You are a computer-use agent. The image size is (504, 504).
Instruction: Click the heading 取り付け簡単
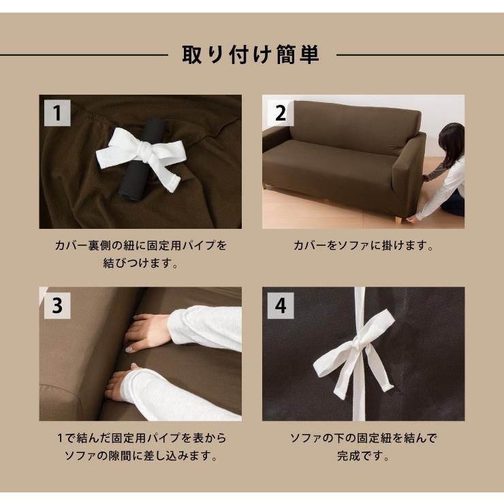[251, 54]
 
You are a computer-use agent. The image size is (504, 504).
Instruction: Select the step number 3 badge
[58, 306]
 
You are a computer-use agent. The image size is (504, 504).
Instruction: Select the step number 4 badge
[280, 306]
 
